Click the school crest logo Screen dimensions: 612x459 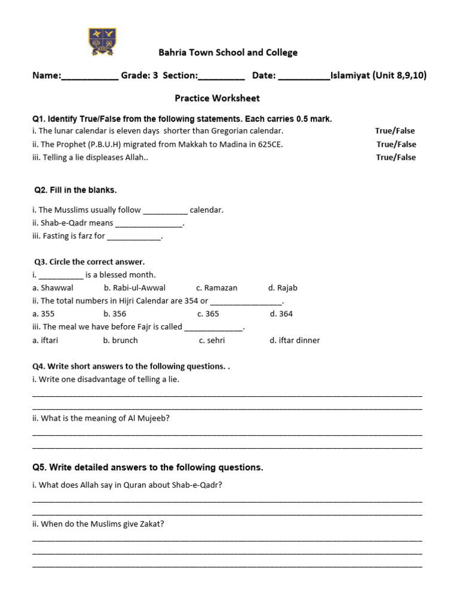tap(103, 42)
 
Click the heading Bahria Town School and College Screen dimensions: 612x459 tap(228, 53)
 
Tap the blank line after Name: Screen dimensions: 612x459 tap(90, 76)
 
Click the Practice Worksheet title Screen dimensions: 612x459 tap(217, 98)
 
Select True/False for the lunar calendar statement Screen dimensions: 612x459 tap(394, 131)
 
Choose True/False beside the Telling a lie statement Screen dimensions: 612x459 tap(396, 157)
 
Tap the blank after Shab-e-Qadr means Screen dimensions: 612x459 tap(149, 224)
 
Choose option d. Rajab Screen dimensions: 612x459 tap(283, 288)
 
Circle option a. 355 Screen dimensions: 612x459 tap(44, 314)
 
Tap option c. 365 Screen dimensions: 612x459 tap(208, 314)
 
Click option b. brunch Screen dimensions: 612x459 tap(120, 341)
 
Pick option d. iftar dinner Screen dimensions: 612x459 tap(295, 341)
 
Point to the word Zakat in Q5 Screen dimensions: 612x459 tap(152, 524)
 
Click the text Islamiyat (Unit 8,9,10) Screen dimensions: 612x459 tap(378, 76)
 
